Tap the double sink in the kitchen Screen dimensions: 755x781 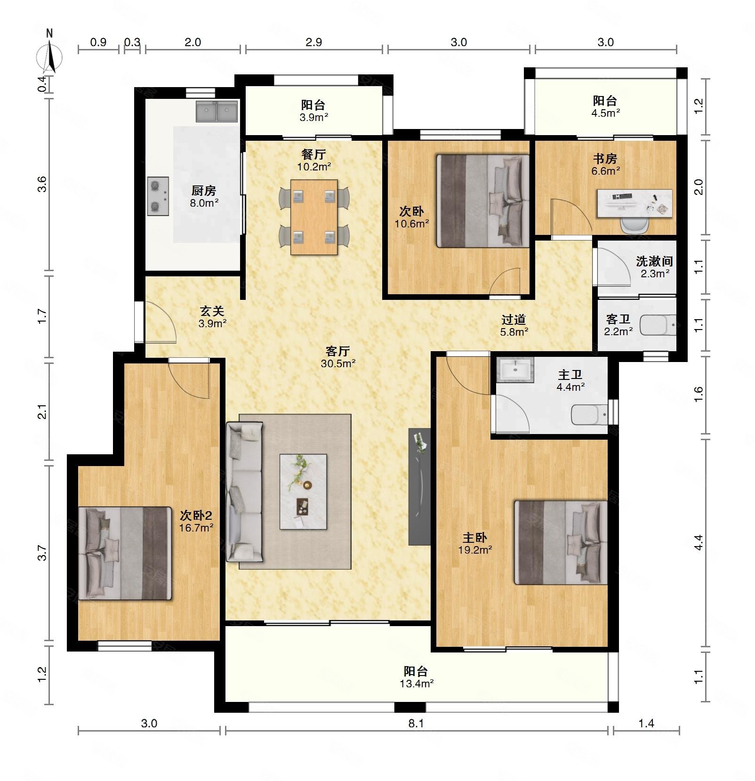point(217,112)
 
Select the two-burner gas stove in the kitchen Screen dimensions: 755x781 point(158,196)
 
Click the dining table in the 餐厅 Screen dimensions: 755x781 point(314,217)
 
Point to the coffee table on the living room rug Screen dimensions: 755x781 point(303,491)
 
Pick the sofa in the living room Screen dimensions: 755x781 point(244,491)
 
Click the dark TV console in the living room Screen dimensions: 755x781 point(419,486)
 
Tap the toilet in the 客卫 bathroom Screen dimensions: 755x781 point(658,325)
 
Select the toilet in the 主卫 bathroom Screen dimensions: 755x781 point(589,415)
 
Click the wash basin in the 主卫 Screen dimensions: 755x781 point(515,369)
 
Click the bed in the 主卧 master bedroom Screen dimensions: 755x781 point(561,542)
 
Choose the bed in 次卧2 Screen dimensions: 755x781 point(125,553)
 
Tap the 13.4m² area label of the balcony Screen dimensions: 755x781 point(417,684)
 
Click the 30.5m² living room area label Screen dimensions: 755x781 point(338,363)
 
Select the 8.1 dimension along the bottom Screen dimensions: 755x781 point(416,724)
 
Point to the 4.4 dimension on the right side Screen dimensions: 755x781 point(699,542)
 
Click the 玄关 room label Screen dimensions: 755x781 point(212,311)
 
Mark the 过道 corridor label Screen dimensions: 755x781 point(514,320)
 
